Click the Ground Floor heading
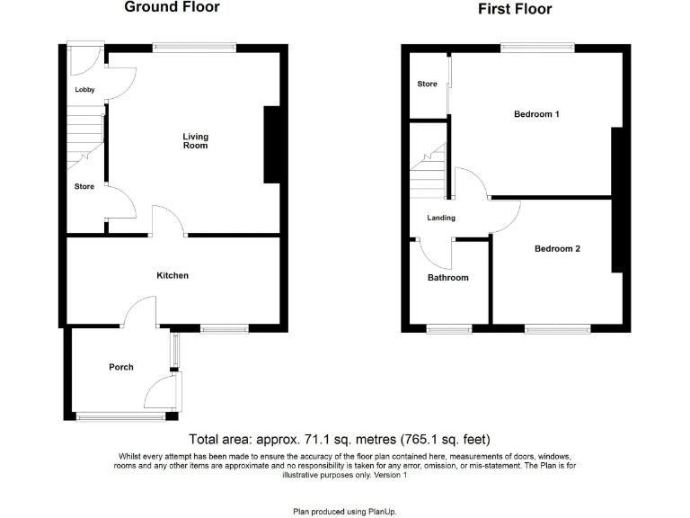(171, 7)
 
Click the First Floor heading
(515, 9)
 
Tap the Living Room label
(196, 141)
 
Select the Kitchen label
(172, 275)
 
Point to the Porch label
(121, 367)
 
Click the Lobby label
(85, 90)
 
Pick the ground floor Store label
(84, 187)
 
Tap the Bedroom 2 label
(557, 249)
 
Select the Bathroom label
(447, 278)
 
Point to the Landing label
(441, 218)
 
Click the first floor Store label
(428, 85)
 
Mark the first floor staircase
(429, 171)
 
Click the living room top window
(194, 47)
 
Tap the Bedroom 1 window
(537, 47)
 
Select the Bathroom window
(448, 329)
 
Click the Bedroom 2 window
(552, 329)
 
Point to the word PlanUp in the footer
(379, 511)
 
